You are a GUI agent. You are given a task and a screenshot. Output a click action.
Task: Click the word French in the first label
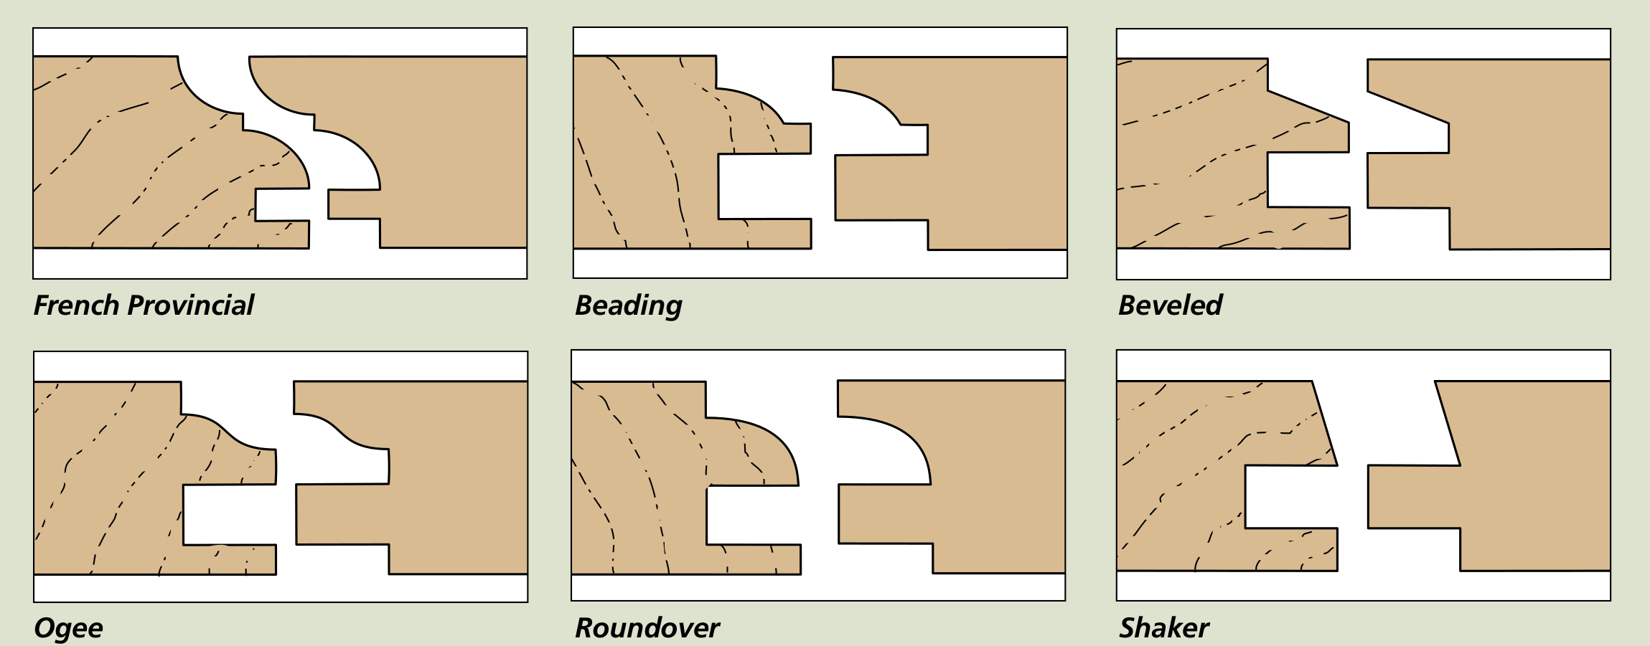click(77, 305)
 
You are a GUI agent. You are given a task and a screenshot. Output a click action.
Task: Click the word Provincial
click(190, 305)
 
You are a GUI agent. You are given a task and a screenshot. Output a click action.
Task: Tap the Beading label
click(628, 305)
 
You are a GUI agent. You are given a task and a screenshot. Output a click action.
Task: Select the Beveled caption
click(1170, 305)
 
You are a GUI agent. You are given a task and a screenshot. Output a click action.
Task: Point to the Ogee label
click(68, 628)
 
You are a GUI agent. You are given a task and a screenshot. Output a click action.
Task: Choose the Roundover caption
click(647, 628)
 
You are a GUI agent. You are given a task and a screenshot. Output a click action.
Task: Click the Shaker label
click(1163, 628)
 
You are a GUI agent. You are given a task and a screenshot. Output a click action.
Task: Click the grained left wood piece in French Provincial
click(129, 158)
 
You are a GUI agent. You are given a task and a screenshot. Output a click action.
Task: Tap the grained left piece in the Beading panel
click(646, 158)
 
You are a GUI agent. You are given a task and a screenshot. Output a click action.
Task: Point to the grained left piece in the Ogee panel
click(108, 480)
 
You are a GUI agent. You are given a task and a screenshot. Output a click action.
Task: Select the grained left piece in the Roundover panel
click(639, 480)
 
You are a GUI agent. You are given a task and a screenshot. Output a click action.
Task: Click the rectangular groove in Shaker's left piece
click(1290, 497)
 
